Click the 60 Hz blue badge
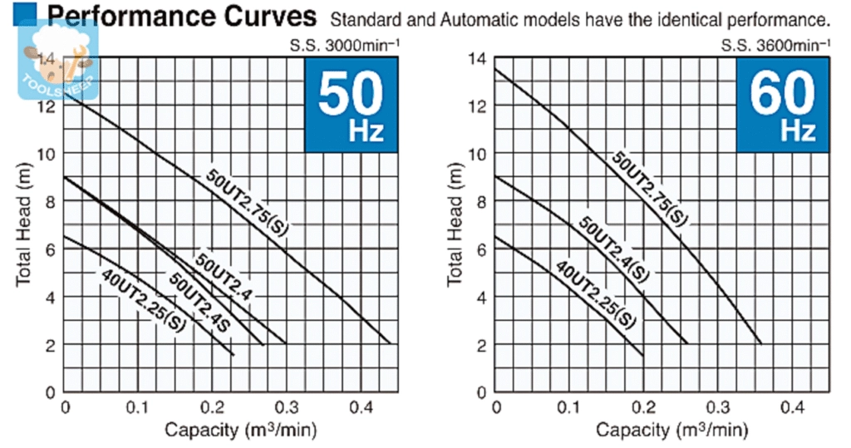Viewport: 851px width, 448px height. click(782, 106)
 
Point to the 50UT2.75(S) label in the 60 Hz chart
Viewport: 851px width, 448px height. click(651, 189)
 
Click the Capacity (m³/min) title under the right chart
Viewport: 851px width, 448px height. click(671, 430)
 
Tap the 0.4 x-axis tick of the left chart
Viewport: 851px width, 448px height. click(361, 408)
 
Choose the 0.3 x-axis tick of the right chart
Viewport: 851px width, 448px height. click(718, 408)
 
